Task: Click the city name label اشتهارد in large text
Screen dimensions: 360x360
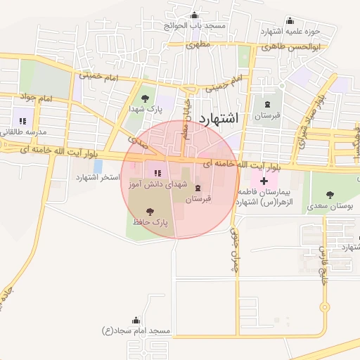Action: (x=219, y=118)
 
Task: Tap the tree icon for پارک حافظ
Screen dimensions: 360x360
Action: (x=149, y=210)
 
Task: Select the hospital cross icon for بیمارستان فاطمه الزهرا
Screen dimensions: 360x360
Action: (x=264, y=181)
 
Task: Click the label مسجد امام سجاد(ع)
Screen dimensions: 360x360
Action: (x=136, y=330)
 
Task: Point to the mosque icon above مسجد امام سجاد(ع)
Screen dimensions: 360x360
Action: (x=136, y=319)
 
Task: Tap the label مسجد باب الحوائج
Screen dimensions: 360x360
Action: (x=194, y=25)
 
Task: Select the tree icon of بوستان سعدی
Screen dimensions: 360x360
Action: (x=330, y=194)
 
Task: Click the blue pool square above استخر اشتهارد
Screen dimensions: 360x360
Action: (x=98, y=166)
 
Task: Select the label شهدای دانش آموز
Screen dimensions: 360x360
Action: (x=156, y=184)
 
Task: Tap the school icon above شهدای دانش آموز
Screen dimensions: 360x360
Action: (x=157, y=173)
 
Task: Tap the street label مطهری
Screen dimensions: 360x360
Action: (x=198, y=44)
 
